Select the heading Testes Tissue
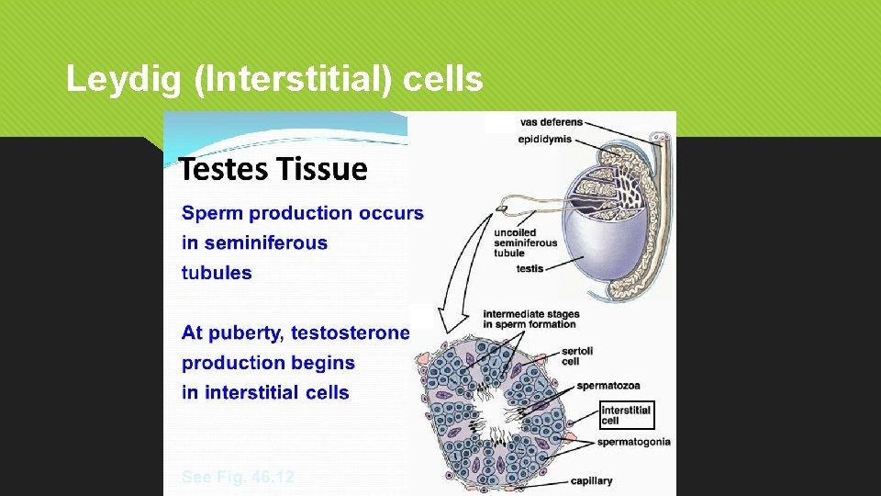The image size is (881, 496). [x=273, y=170]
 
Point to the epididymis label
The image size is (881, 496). [x=545, y=140]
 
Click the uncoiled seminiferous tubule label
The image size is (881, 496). [x=525, y=242]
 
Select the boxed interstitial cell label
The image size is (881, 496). [x=626, y=415]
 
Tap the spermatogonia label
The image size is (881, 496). [x=633, y=442]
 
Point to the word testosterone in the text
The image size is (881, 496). [x=350, y=333]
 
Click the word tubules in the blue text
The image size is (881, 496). [x=217, y=273]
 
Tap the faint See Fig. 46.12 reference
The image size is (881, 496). [x=238, y=478]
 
